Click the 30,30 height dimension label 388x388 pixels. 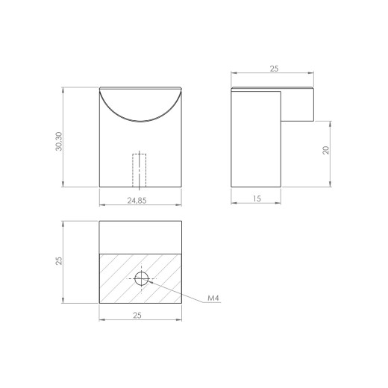(59, 141)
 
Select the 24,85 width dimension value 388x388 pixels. (137, 201)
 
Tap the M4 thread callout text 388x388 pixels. (213, 298)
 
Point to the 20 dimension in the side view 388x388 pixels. (326, 150)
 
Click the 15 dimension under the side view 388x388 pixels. (257, 198)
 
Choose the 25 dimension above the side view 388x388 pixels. (274, 69)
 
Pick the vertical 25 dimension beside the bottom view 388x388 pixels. (59, 260)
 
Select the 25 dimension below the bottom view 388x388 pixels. (137, 316)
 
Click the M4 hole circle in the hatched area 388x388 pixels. (141, 272)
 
